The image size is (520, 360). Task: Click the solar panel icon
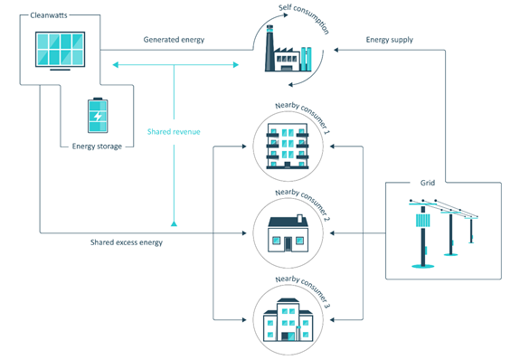tap(60, 51)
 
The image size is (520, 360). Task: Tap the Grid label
tap(428, 183)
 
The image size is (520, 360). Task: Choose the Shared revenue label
tap(174, 132)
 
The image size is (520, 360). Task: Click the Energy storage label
tap(97, 146)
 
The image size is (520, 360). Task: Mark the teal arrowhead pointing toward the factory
tap(234, 64)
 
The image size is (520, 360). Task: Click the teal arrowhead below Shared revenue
tap(174, 220)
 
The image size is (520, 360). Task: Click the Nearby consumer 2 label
tap(302, 195)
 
